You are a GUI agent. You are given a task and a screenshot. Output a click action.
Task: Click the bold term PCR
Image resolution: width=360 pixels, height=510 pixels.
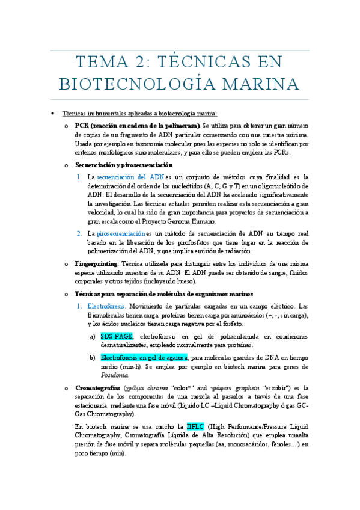tap(82, 126)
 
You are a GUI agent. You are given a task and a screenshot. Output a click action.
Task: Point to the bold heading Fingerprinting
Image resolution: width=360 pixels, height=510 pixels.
tap(96, 264)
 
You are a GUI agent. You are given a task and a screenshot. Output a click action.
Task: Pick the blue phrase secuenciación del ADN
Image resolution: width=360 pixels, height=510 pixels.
tap(130, 177)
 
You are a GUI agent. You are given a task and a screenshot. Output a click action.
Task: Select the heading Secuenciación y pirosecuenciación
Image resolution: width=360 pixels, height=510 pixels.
tap(124, 165)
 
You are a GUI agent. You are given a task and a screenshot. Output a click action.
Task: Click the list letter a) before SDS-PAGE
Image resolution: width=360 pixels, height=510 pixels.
tap(93, 336)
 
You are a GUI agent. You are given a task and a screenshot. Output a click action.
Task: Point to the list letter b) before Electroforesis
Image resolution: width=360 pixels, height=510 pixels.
tap(93, 358)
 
